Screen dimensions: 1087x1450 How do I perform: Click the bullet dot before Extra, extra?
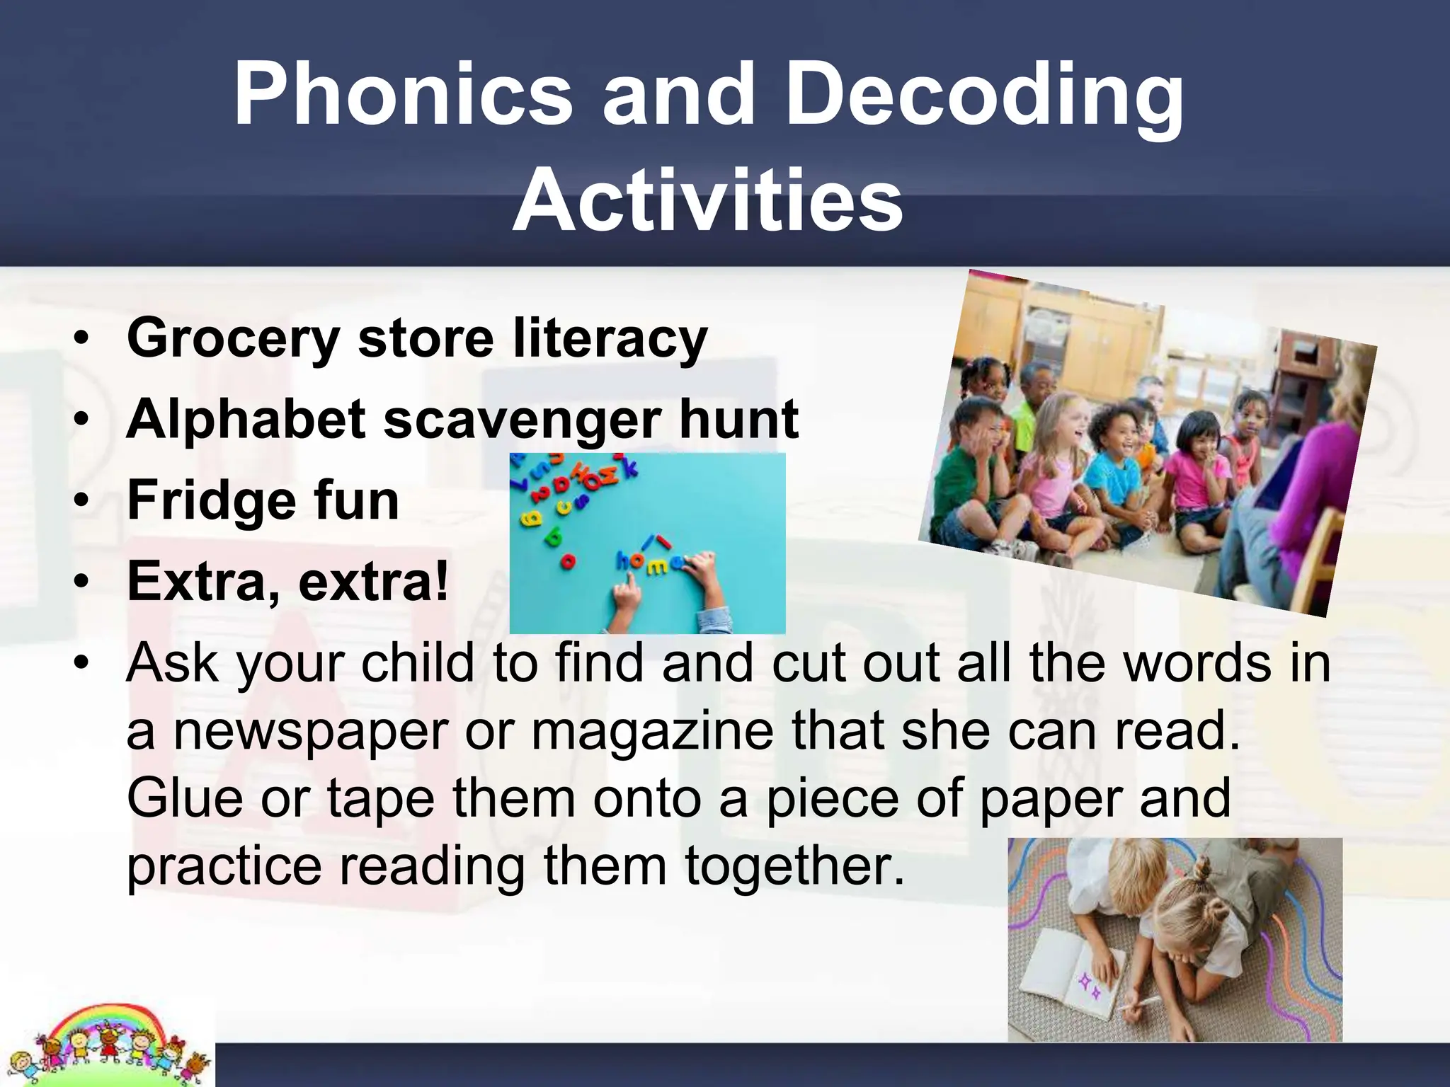pyautogui.click(x=83, y=582)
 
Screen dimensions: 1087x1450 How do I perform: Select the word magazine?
pyautogui.click(x=652, y=732)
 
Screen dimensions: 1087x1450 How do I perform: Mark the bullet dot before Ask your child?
pyautogui.click(x=83, y=664)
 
